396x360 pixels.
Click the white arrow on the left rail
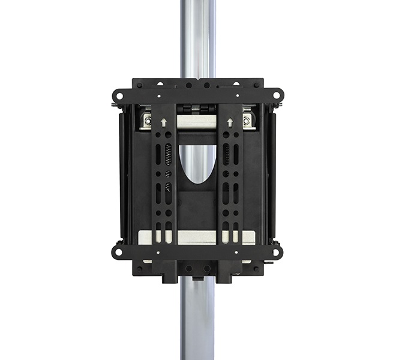164,122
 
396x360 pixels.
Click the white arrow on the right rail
229,122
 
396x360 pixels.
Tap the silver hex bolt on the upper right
246,120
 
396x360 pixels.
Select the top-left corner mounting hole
118,95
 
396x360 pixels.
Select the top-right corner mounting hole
277,95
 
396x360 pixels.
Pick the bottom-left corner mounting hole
118,251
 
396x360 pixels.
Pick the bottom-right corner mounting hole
277,251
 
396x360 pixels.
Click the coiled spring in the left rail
169,155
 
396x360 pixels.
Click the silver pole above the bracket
197,36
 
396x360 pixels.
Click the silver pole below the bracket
197,324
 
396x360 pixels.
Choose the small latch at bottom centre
197,278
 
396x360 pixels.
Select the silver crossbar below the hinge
197,122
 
